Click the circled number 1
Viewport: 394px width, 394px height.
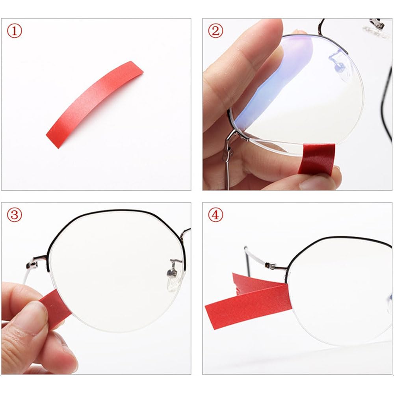coord(15,30)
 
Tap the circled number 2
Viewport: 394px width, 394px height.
coord(216,30)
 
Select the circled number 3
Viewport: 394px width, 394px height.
coord(15,215)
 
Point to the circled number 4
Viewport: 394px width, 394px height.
coord(216,215)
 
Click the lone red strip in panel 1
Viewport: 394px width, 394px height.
coord(95,104)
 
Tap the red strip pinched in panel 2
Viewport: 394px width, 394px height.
coord(317,158)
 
